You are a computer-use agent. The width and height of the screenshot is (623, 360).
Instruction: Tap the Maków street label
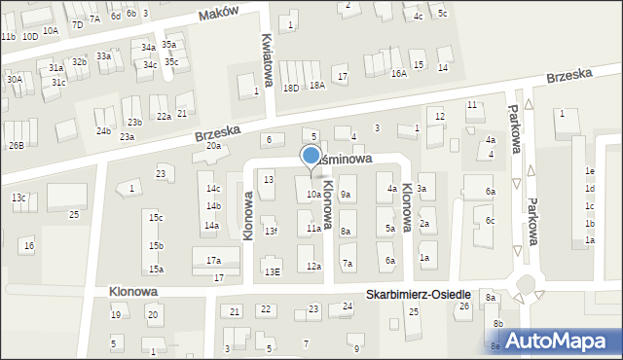219,14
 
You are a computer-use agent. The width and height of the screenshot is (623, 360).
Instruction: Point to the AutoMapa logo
562,341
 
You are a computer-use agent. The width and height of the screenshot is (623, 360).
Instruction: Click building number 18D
290,88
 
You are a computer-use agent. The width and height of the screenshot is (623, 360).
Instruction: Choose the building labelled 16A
398,73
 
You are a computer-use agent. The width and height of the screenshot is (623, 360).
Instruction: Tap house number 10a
313,195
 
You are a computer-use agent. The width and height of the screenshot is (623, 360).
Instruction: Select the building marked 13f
271,231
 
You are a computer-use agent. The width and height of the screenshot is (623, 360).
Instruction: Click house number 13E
275,271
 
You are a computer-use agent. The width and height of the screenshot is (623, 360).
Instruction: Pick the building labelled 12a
313,266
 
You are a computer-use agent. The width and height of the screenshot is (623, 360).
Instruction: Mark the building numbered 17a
213,260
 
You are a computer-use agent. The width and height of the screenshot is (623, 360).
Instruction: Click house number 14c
213,188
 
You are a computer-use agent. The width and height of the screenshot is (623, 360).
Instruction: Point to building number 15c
156,217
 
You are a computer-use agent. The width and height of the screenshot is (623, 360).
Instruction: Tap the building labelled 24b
103,130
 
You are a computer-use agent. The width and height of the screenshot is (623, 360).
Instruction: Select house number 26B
16,145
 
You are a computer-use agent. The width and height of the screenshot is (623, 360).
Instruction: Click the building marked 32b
79,62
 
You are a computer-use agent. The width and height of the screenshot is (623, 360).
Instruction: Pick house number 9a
346,195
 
